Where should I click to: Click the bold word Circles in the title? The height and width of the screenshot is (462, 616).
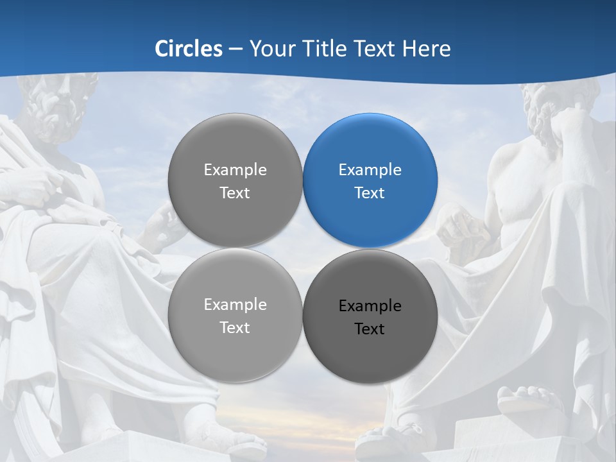tap(189, 49)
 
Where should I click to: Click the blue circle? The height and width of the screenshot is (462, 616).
tap(370, 180)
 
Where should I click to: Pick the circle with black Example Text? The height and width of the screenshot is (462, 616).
tap(370, 316)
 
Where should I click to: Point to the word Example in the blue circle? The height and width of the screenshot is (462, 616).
tap(370, 170)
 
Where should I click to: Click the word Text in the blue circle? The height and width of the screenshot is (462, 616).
tap(370, 193)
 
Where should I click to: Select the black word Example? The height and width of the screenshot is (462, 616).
tap(370, 306)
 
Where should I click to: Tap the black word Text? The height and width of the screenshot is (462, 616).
tap(370, 329)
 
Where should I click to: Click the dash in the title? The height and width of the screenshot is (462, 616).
tap(235, 49)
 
